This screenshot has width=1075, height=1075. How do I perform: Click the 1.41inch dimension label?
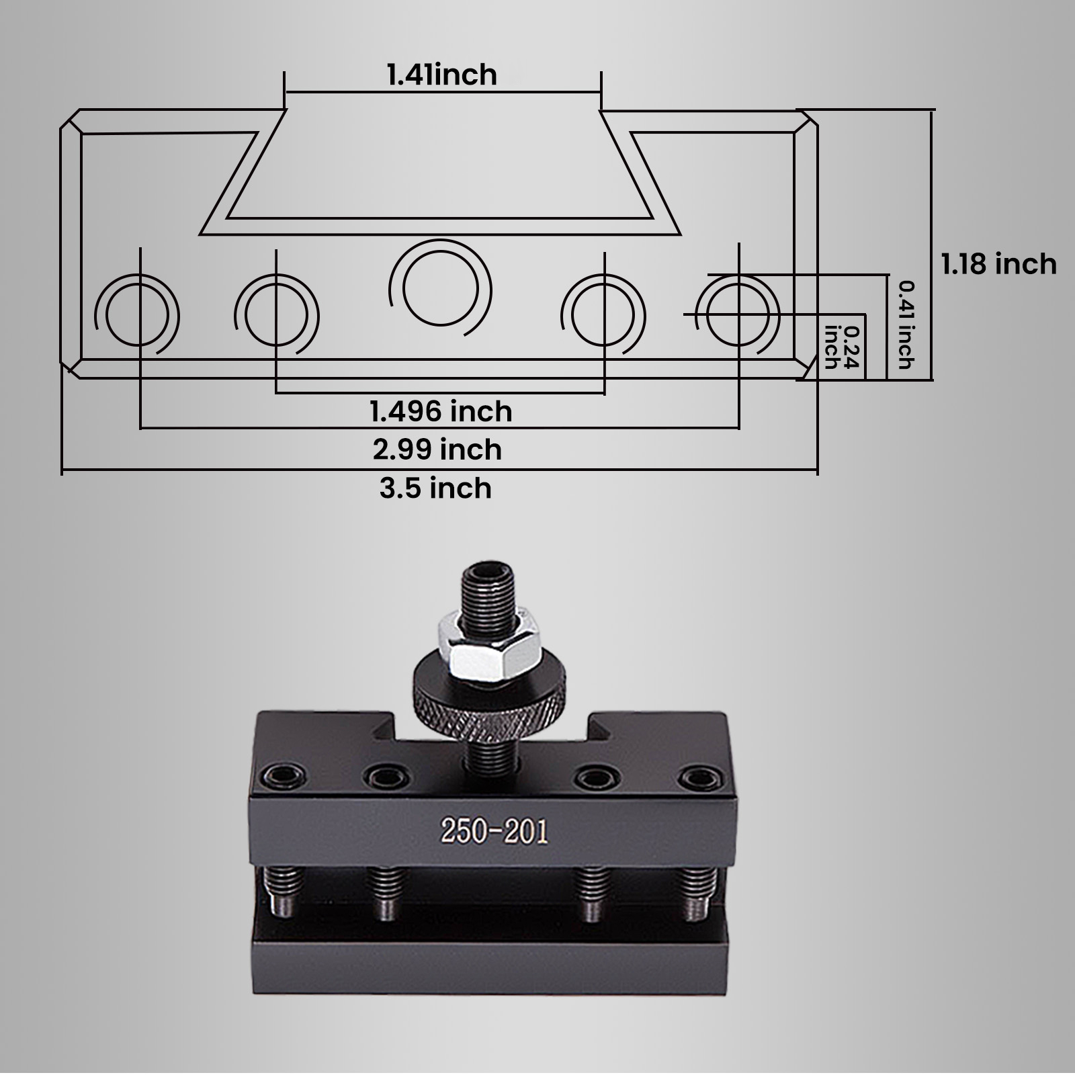tap(441, 75)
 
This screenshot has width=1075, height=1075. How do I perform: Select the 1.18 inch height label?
tap(998, 264)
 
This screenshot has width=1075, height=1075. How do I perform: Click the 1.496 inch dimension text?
tap(441, 411)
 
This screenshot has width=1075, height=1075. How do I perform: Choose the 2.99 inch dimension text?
tap(437, 449)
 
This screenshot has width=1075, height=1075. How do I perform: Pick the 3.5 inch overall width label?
tap(435, 488)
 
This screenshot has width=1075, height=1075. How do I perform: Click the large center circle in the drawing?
tap(441, 290)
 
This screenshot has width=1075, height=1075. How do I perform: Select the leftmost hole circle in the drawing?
tap(138, 315)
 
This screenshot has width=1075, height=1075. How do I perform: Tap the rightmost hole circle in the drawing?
tap(738, 314)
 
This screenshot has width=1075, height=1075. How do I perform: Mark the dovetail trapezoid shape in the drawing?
tap(440, 171)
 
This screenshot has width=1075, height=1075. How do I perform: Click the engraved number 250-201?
tap(494, 832)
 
